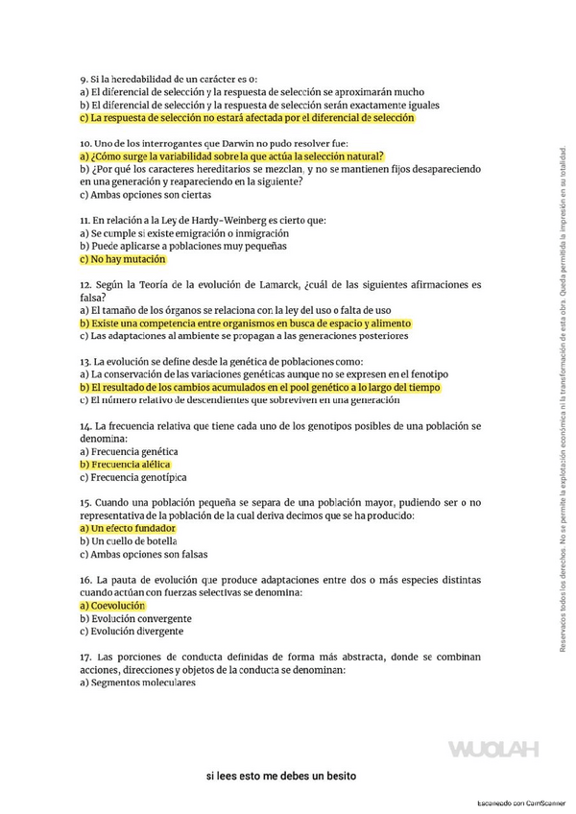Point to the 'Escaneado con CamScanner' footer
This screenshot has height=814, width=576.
point(522,802)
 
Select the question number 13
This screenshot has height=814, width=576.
point(85,362)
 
